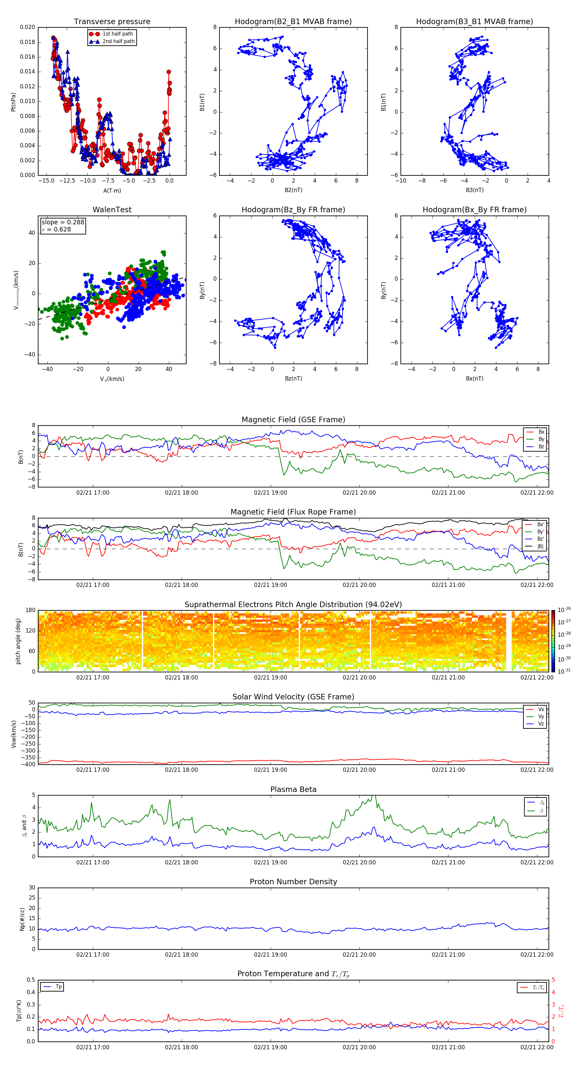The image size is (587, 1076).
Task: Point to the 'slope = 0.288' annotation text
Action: point(63,222)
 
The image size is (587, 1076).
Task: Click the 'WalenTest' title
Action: point(112,210)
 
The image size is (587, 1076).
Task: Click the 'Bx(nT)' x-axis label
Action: point(474,379)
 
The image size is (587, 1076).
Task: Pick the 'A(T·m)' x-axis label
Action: point(112,190)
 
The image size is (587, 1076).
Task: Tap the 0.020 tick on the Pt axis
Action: point(28,27)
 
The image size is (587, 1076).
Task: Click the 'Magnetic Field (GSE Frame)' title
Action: point(293,420)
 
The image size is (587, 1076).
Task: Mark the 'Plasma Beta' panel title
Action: point(293,789)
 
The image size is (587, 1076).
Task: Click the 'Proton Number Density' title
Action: point(293,882)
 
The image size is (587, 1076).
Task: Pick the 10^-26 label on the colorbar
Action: point(564,610)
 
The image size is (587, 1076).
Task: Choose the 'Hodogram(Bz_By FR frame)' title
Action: point(293,210)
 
